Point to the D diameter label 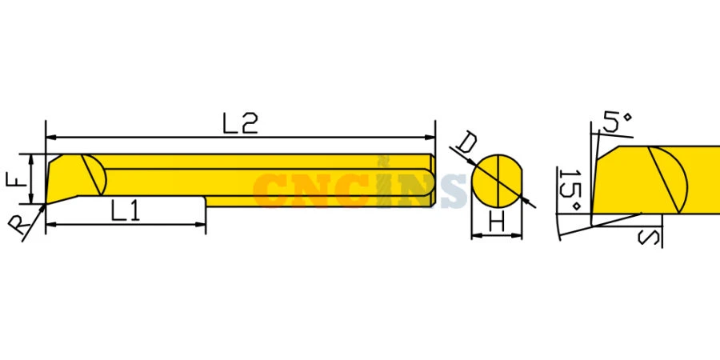tap(467, 144)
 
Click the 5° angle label tap(615, 122)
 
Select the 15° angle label tap(570, 190)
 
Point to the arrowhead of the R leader tap(42, 206)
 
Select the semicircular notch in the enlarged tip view tap(670, 178)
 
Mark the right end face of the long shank tap(434, 180)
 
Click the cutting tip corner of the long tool tap(47, 202)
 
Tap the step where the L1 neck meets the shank tap(206, 199)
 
